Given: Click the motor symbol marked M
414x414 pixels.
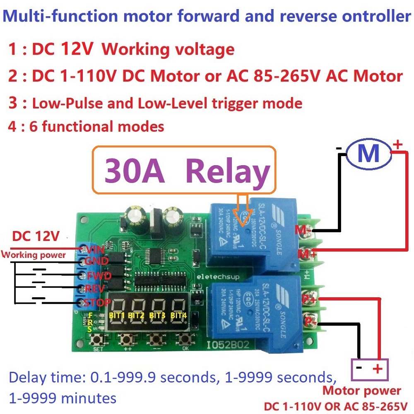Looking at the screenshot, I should click(x=368, y=154).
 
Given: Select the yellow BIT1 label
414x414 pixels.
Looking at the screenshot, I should click(x=117, y=315).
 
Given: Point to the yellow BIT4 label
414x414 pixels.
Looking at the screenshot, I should click(x=179, y=315).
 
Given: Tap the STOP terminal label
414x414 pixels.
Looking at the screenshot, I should click(x=97, y=303).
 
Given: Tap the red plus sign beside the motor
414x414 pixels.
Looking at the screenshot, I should click(x=397, y=145).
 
